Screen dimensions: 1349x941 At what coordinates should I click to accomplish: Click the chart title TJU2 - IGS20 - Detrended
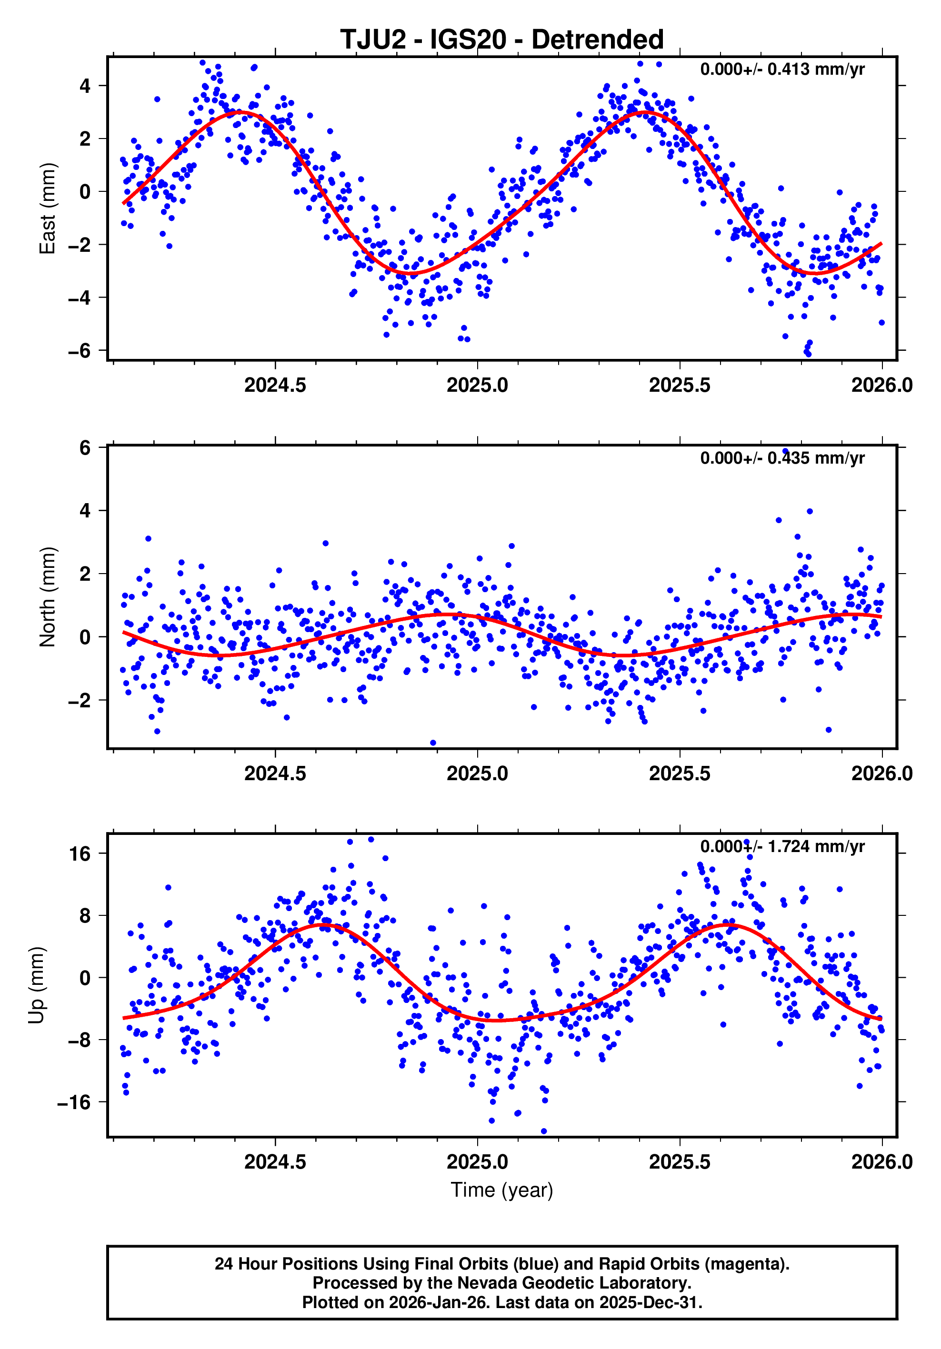(x=501, y=40)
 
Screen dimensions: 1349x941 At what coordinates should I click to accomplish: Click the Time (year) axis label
(x=501, y=1190)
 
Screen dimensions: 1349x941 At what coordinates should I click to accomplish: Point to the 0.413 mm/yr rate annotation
(x=782, y=69)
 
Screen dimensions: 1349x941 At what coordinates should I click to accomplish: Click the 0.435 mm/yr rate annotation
(x=782, y=458)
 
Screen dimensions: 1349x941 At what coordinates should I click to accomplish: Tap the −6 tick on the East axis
(x=80, y=351)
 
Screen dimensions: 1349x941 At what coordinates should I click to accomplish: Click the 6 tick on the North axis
(x=85, y=448)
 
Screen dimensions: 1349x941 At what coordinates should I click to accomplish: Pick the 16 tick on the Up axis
(x=80, y=853)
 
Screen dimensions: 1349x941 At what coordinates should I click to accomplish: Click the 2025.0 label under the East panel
(x=477, y=386)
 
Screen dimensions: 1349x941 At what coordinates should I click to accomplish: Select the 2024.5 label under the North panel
(x=275, y=773)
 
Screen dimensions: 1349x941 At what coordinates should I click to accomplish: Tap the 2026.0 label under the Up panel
(x=881, y=1161)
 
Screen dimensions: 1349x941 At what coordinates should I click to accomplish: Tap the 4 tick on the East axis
(x=85, y=86)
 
